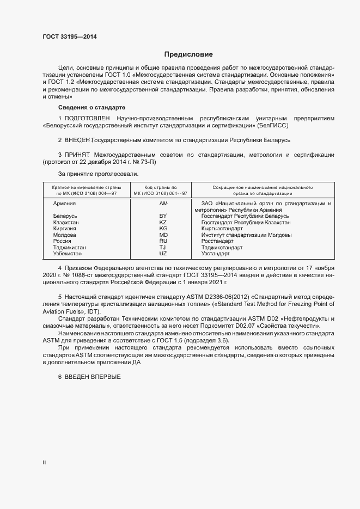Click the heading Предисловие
[x=188, y=54]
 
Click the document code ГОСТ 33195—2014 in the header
[x=70, y=37]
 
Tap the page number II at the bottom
[x=44, y=462]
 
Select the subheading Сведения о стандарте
[x=91, y=107]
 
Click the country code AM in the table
[x=163, y=203]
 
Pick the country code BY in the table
[x=163, y=216]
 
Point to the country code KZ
[x=163, y=223]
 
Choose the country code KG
[x=163, y=229]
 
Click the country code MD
[x=163, y=235]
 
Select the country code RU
[x=163, y=241]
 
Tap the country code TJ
[x=163, y=248]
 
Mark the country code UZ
[x=163, y=254]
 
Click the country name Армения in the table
[x=64, y=203]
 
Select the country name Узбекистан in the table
[x=69, y=254]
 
